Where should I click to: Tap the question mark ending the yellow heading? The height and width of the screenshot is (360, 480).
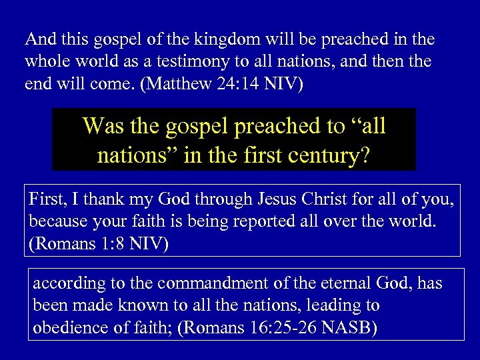[365, 155]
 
